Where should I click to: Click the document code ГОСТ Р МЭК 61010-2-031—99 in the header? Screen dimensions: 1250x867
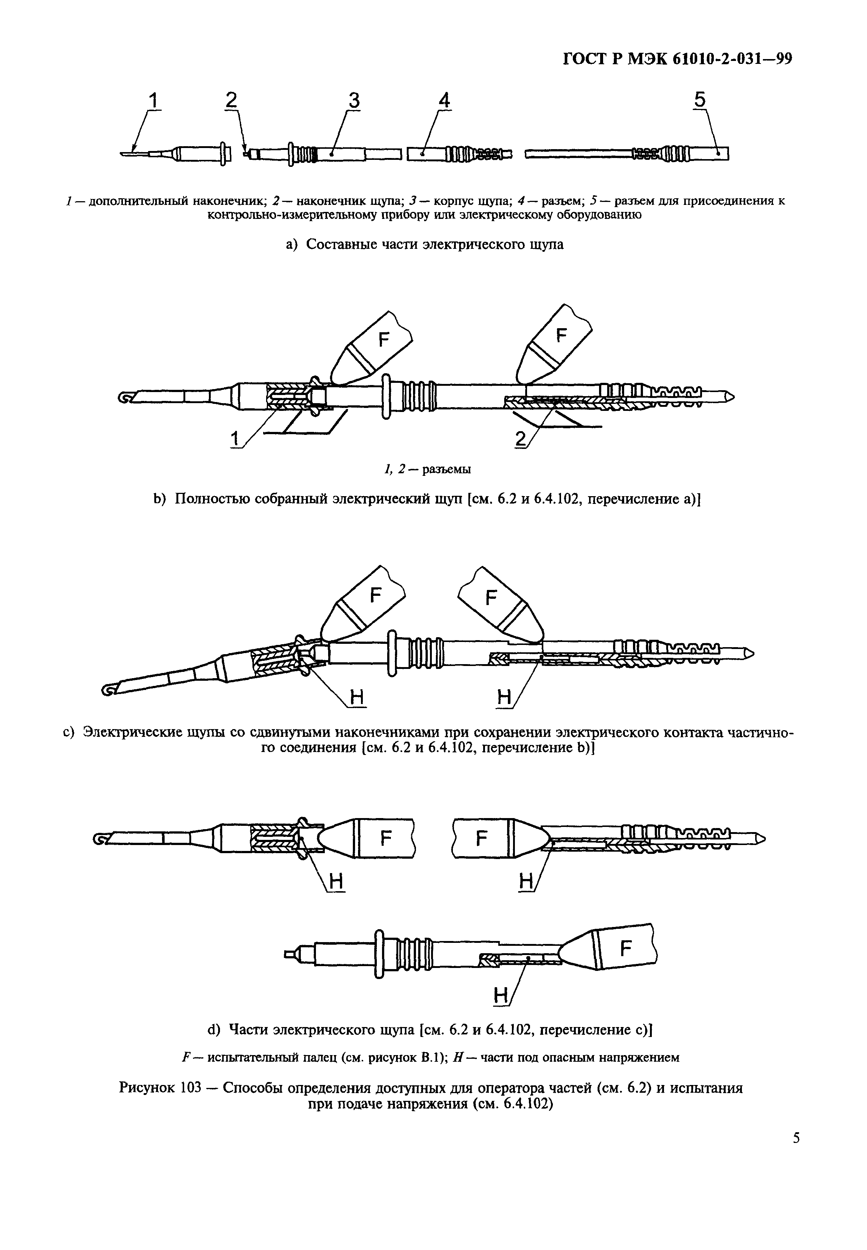[676, 59]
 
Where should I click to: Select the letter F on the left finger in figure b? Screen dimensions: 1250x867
[384, 340]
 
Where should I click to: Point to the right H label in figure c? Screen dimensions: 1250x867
[504, 697]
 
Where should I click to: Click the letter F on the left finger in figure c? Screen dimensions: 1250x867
[375, 596]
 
